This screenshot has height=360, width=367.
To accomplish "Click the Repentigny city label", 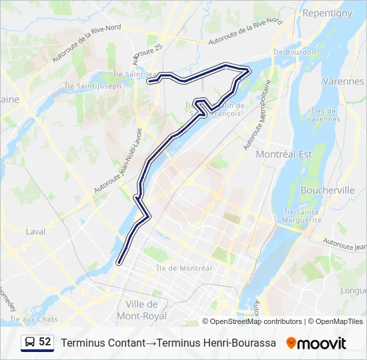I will point(327,13).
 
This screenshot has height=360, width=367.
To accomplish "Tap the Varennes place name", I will point(342,81).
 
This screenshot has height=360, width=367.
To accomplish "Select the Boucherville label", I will point(328,190).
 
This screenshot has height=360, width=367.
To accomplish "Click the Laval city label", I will point(35,232).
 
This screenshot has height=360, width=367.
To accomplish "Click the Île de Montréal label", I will point(183,268).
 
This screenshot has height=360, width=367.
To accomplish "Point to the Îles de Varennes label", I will point(325,115).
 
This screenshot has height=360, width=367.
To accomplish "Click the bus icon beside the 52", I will point(29,342).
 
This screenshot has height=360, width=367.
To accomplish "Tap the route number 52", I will point(45,342).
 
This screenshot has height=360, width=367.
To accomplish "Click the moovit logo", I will point(316,343).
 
